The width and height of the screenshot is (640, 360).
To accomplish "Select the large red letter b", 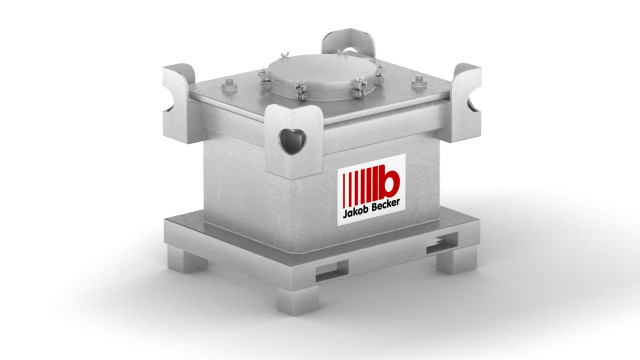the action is click(389, 182).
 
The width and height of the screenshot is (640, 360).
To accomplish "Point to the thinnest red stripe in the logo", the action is click(344, 190).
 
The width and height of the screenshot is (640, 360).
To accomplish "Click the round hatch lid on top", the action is click(322, 75).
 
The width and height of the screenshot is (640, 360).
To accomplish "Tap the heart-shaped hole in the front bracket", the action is click(292, 141).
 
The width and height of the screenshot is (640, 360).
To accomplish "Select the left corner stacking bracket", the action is click(178, 103).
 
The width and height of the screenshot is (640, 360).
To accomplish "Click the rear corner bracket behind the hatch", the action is click(348, 42).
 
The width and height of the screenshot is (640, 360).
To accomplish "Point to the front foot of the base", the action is click(298, 300).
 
